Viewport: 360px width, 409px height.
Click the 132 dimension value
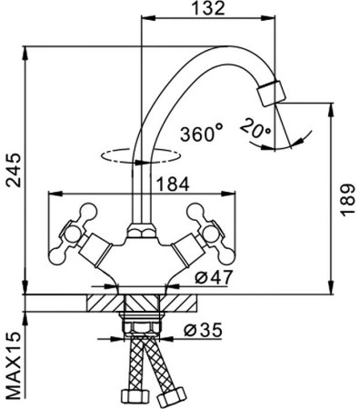[x=209, y=8]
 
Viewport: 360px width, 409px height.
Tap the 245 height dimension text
[x=14, y=170]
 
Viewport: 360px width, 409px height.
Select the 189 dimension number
[x=347, y=200]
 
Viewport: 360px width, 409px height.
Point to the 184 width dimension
[x=173, y=184]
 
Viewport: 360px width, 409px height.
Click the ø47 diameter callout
[x=214, y=276]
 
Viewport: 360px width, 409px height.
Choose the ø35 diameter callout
[x=203, y=330]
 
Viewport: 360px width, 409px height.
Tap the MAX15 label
[x=14, y=365]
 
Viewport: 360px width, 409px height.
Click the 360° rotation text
[x=202, y=133]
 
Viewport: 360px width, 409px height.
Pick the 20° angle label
[x=255, y=129]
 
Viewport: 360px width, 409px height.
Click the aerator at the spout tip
[x=271, y=93]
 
